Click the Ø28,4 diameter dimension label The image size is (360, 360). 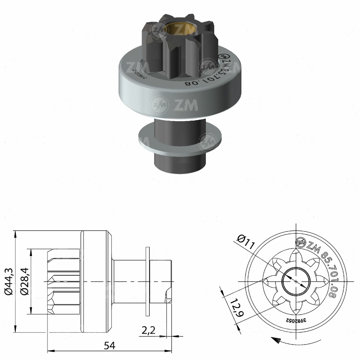[x=25, y=282]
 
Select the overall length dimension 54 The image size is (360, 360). [x=109, y=346]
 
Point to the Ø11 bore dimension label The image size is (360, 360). [x=246, y=242]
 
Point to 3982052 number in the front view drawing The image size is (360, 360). [x=295, y=320]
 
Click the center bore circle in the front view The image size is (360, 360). [x=296, y=282]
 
